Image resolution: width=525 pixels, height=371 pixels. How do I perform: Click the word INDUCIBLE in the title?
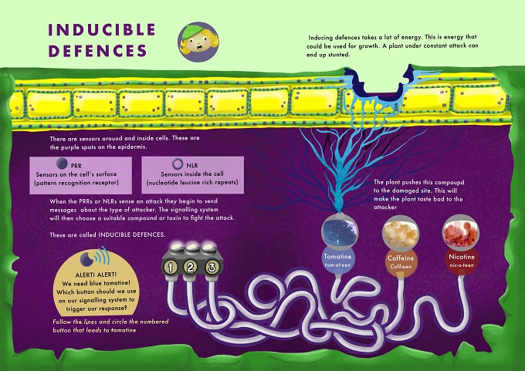[102, 30]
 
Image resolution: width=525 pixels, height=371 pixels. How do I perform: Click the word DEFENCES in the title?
[98, 51]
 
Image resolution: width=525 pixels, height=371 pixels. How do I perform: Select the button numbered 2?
[191, 268]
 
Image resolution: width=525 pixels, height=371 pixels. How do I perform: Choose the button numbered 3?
[212, 268]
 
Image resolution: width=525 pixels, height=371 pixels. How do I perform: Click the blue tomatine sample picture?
[340, 232]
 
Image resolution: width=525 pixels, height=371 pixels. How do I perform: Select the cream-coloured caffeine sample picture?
[401, 234]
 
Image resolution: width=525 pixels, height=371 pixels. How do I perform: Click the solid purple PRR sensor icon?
[62, 164]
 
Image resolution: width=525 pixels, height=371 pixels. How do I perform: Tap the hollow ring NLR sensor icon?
[178, 164]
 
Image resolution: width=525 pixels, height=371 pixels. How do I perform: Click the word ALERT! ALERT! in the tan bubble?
[96, 275]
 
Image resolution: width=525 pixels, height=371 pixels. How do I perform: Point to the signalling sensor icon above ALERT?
[94, 258]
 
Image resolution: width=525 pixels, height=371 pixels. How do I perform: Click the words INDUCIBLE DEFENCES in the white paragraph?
[131, 234]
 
